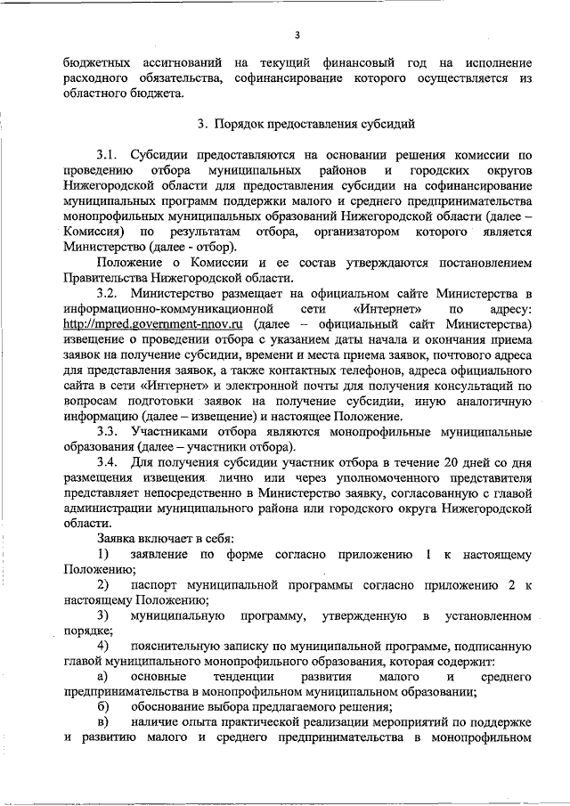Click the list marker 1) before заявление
[x=104, y=555]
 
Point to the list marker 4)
[x=104, y=645]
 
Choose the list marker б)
[x=103, y=707]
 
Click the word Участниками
[x=169, y=432]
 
